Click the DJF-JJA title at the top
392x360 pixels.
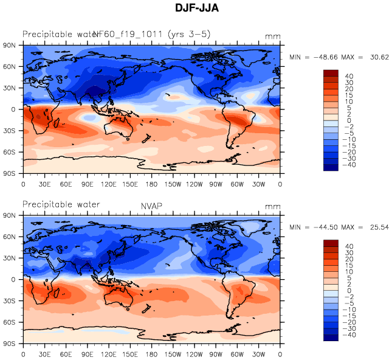pyautogui.click(x=196, y=9)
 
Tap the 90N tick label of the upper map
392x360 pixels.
pyautogui.click(x=9, y=45)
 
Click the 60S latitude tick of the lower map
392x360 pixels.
pyautogui.click(x=9, y=322)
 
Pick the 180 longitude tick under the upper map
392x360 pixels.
pyautogui.click(x=152, y=184)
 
